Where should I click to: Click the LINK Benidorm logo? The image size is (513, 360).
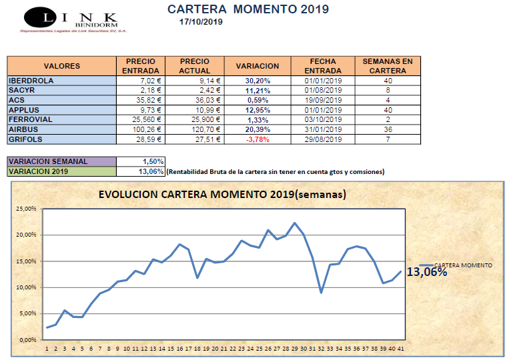[x=71, y=19]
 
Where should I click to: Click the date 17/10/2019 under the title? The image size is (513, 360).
[x=201, y=21]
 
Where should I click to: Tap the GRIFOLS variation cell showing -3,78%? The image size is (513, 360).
[x=257, y=139]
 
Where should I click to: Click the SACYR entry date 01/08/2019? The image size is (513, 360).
[x=322, y=90]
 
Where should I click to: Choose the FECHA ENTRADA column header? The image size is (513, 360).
[x=322, y=66]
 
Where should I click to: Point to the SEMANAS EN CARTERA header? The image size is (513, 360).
[x=387, y=66]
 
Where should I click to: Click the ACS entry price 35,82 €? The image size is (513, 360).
[x=143, y=100]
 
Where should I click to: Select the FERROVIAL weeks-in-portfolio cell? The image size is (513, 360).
[x=387, y=119]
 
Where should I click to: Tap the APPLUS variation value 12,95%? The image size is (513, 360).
[x=257, y=110]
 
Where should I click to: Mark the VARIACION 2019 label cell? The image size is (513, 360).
[x=61, y=172]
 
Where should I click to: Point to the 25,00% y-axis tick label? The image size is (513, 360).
[x=27, y=209]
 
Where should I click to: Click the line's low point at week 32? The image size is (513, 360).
[x=322, y=292]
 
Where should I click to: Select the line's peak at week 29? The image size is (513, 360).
[x=295, y=223]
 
